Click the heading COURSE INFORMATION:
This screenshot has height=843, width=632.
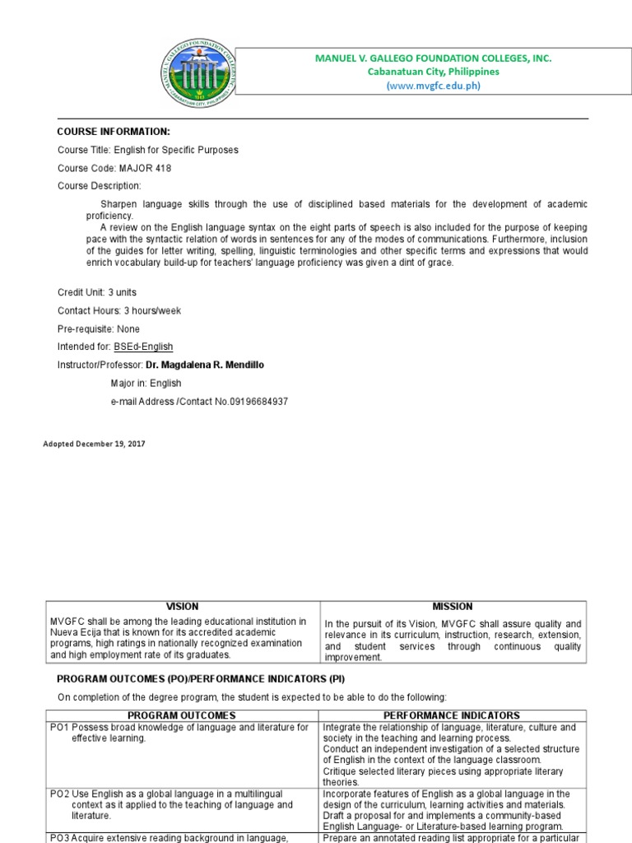pos(114,132)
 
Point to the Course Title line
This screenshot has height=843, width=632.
pos(148,150)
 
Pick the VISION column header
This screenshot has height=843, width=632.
pos(182,607)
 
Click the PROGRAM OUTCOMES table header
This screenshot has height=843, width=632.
pos(182,715)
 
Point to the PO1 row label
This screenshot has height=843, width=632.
pos(60,728)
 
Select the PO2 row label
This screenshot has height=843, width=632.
pos(60,794)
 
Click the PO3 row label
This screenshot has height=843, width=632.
pos(60,838)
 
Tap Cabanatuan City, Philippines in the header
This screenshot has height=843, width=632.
pos(433,72)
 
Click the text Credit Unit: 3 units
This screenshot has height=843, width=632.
pos(96,292)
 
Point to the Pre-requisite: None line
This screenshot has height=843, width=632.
pos(99,328)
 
